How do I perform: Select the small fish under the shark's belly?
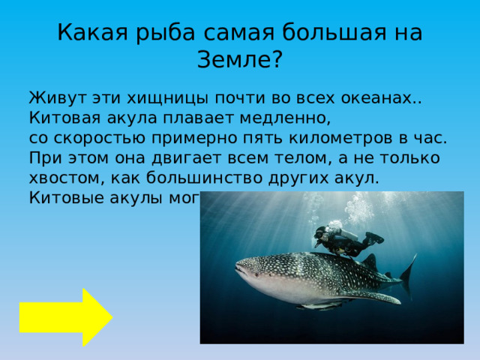point(319,306)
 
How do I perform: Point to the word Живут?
point(55,98)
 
